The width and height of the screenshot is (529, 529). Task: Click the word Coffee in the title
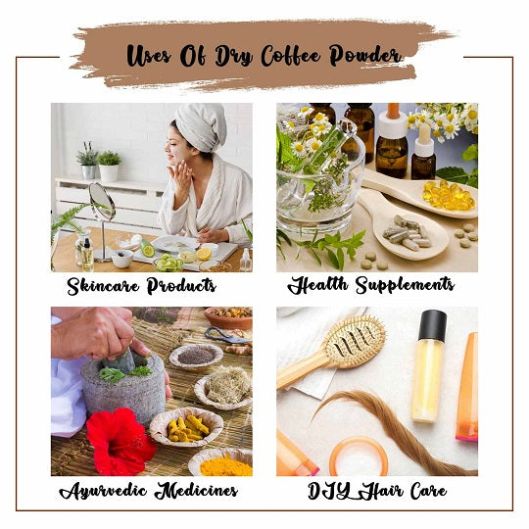point(291,56)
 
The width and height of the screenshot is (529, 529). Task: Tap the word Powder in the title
point(365,55)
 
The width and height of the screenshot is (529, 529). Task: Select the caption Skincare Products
point(141,286)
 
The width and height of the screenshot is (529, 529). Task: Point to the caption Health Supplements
point(370,285)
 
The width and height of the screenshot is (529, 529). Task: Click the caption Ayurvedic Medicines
point(149,491)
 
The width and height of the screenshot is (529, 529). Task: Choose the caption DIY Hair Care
point(377,491)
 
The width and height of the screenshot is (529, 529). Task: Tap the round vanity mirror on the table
point(102,202)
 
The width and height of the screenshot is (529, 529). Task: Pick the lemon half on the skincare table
point(204,254)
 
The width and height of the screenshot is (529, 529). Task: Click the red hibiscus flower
point(120,441)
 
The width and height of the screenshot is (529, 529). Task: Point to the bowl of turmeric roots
point(186,427)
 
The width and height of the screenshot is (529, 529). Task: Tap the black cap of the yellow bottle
point(433,325)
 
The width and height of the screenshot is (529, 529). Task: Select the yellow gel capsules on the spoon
point(448,195)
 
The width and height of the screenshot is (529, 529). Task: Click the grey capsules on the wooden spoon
point(407,233)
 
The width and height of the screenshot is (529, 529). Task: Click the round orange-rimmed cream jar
point(359,457)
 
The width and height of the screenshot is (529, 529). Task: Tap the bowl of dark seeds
point(196,357)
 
